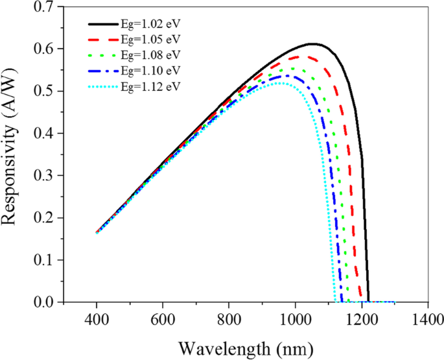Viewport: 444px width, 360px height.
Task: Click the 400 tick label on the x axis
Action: (97, 319)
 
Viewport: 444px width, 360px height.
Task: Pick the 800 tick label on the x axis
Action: (229, 319)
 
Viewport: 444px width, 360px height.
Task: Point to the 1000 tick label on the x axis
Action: (296, 319)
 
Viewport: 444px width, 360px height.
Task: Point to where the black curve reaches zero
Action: (368, 302)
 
